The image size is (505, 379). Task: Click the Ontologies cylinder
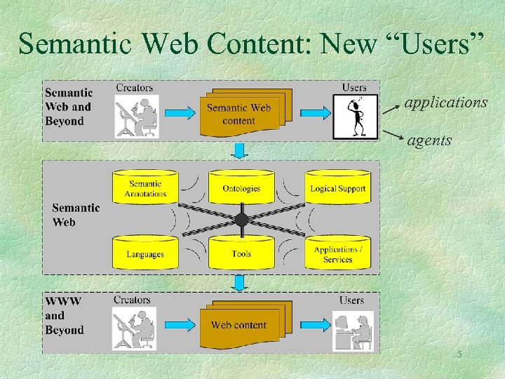point(241,188)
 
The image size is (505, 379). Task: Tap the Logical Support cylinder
point(337,188)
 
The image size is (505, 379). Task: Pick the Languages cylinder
point(144,253)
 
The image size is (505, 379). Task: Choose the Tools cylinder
point(241,253)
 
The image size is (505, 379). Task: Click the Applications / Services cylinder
point(337,253)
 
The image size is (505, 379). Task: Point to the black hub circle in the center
point(241,220)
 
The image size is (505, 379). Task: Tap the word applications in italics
point(445,102)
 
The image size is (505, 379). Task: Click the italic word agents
point(429,140)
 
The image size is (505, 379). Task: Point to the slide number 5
point(459,354)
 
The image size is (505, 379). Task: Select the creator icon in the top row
point(137,117)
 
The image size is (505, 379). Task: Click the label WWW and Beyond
point(64,315)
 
